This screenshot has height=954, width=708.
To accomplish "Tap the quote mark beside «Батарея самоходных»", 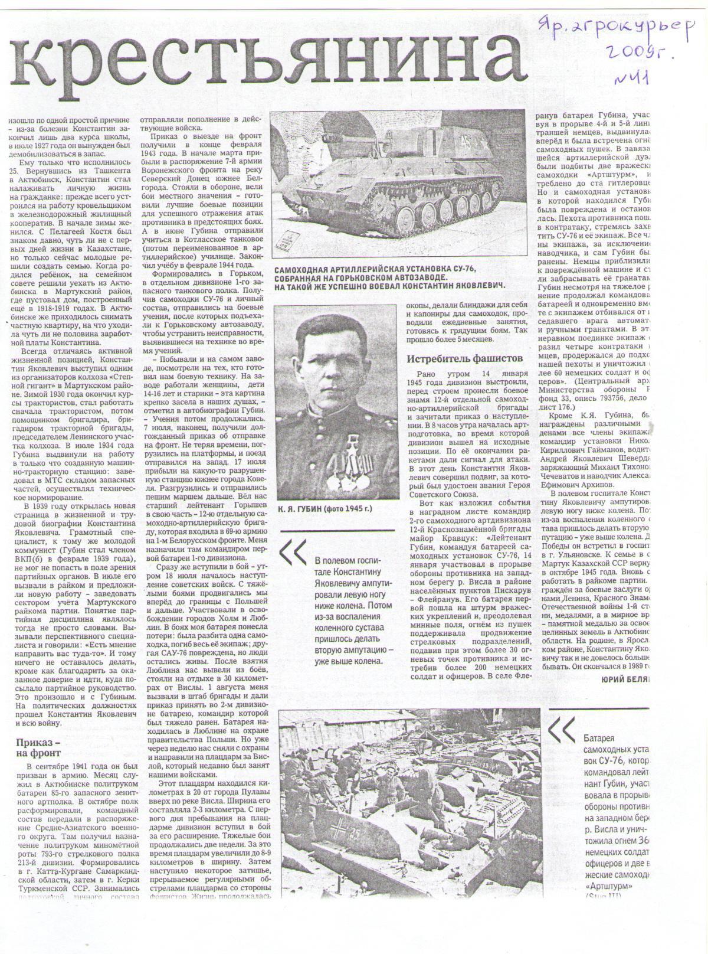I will click(560, 732).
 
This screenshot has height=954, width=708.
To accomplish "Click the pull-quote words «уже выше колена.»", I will click(347, 660).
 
